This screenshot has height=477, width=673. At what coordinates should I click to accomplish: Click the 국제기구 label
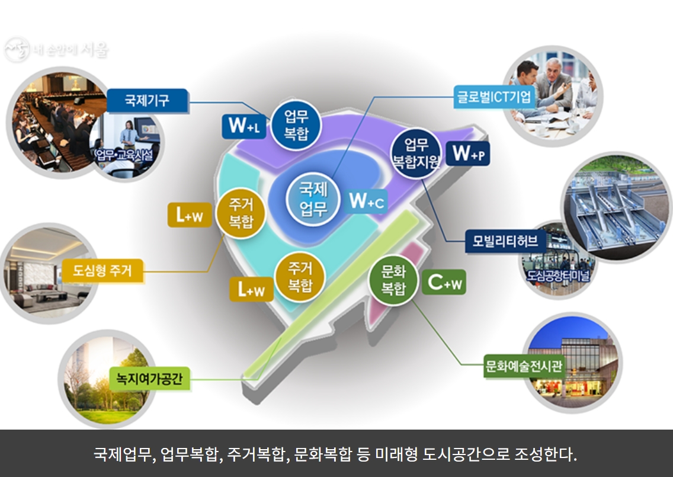click(x=147, y=100)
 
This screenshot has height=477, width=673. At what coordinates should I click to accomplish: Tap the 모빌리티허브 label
click(x=505, y=241)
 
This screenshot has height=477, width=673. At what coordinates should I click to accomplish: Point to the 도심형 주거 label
click(x=103, y=271)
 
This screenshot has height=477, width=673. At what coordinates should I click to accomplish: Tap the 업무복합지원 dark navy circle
click(x=416, y=152)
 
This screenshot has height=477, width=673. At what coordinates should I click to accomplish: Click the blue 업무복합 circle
click(x=296, y=124)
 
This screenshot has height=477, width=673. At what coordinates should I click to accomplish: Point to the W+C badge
click(x=367, y=201)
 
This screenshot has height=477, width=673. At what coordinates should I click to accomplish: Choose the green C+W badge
click(x=444, y=283)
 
